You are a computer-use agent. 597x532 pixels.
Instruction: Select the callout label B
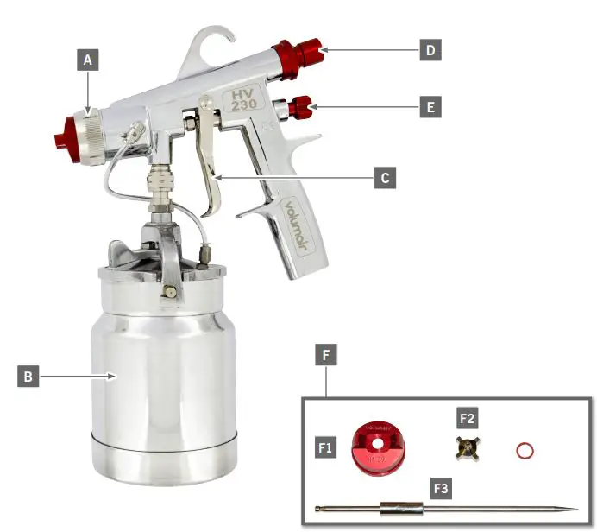(28, 377)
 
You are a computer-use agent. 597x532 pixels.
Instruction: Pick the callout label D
(430, 50)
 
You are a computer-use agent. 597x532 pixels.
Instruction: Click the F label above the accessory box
(326, 354)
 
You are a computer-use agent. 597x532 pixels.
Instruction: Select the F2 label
(467, 419)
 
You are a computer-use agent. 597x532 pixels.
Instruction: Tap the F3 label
(440, 487)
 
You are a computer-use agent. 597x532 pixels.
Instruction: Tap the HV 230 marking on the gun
(240, 97)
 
